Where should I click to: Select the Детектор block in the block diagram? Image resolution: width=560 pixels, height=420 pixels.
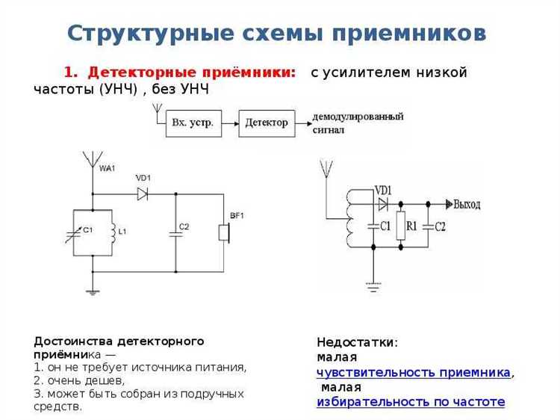pos(267,123)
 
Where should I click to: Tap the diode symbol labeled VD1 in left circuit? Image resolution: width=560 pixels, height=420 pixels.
pos(143,194)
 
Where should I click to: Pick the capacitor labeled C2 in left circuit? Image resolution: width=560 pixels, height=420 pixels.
pos(175,232)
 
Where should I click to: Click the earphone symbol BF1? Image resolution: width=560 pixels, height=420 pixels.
pos(223,232)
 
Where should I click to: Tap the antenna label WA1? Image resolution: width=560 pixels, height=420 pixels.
pos(107,169)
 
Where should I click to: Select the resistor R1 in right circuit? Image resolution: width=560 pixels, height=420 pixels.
pos(400,225)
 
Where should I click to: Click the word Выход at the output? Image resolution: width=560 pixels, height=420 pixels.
pos(467,204)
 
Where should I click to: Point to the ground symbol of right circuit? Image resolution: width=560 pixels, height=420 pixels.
pos(373,285)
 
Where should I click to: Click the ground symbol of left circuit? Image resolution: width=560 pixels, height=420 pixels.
pos(92,291)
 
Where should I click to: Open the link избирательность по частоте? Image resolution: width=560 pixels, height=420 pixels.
pos(411,402)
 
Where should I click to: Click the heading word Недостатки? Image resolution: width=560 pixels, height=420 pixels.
pos(356,342)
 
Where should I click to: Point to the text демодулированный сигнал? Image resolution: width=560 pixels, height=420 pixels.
pos(357,123)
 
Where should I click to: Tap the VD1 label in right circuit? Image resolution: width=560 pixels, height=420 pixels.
pos(383,189)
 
